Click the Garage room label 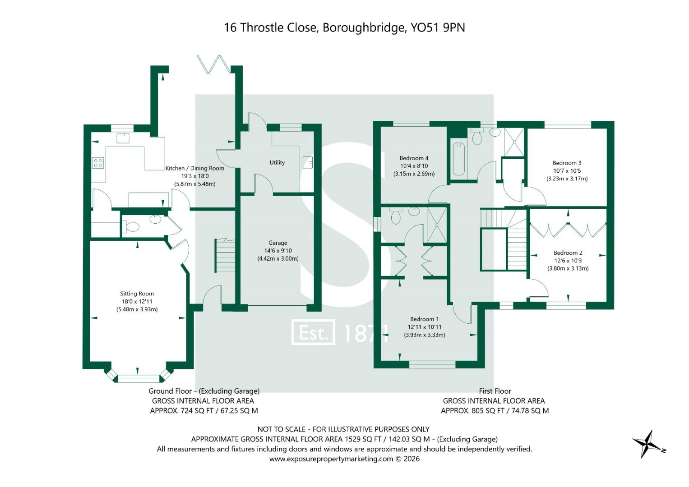coord(277,243)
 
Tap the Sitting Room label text coord(137,294)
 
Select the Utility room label coord(277,162)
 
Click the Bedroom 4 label coord(414,158)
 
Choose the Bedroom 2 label coord(568,253)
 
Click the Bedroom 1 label coord(424,319)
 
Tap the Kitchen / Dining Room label coord(194,168)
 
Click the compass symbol coord(647,444)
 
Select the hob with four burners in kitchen coord(98,163)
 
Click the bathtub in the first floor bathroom coord(458,159)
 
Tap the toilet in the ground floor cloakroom coord(131,227)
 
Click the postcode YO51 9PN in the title coord(437,28)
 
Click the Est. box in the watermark coord(313,332)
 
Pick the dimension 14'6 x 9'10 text coord(277,251)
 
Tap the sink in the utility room coord(308,161)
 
